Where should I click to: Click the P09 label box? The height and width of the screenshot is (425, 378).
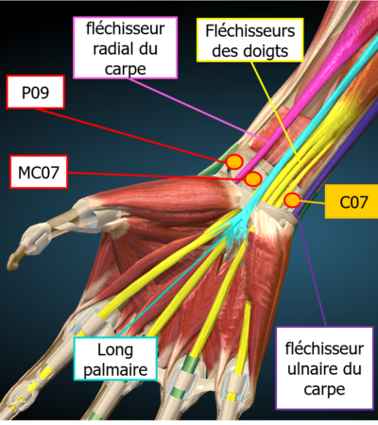36,92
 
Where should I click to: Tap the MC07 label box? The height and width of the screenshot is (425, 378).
39,172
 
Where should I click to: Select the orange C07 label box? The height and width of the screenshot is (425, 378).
352,201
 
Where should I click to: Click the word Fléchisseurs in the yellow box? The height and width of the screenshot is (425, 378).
250,31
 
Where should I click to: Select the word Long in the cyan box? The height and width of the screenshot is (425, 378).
115,350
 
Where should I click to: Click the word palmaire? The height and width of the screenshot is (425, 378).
115,370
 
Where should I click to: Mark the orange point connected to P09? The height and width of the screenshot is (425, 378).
234,161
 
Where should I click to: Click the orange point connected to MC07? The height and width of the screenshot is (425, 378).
253,179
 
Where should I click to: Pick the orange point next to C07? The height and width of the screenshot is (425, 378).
292,200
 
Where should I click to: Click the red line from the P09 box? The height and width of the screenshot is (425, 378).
131,135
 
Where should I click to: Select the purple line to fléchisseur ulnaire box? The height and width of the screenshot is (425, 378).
312,273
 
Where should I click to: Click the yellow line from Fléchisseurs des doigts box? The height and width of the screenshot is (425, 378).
275,111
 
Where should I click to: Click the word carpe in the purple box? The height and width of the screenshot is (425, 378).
324,389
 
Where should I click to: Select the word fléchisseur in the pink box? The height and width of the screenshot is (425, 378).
125,28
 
